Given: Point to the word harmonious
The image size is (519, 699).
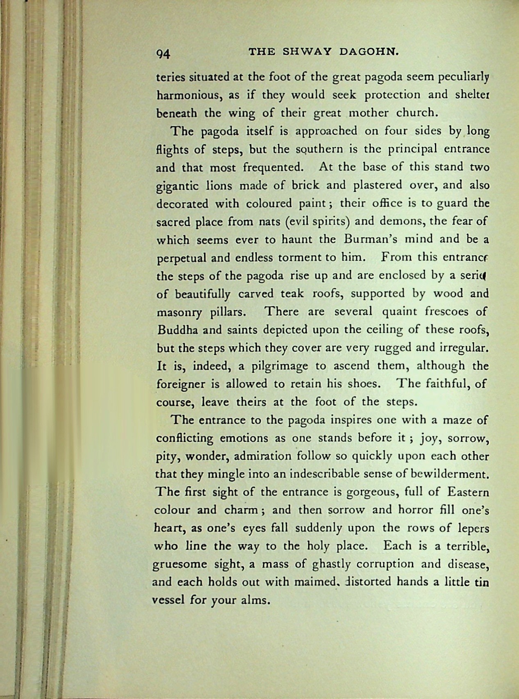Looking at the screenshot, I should point(189,95).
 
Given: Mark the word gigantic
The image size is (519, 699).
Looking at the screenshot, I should point(177,186).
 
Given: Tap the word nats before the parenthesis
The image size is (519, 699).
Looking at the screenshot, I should point(269,222).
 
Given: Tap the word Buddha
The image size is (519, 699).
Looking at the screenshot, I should point(175,329).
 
